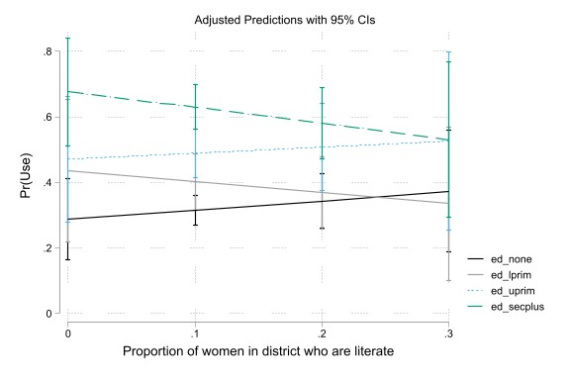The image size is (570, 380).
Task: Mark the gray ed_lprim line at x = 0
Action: tap(67, 170)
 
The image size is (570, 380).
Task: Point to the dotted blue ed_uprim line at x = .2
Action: tap(323, 146)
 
